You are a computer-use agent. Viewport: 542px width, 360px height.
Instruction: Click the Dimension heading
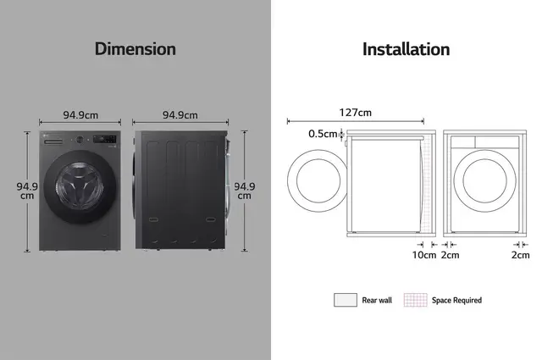[135, 49]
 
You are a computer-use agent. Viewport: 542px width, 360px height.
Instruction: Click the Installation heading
[406, 49]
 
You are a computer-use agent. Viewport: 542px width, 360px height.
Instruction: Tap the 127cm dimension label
[356, 113]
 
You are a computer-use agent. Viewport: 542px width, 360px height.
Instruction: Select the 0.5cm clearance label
[323, 134]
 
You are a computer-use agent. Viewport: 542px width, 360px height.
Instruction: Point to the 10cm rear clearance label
[424, 255]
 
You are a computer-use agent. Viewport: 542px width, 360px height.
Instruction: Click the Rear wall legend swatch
[346, 300]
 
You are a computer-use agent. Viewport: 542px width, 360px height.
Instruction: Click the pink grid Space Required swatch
[416, 300]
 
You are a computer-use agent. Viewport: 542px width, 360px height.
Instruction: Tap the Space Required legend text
[456, 300]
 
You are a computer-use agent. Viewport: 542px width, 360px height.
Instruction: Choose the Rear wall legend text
[377, 300]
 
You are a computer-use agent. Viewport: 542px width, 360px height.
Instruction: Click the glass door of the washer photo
[80, 186]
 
